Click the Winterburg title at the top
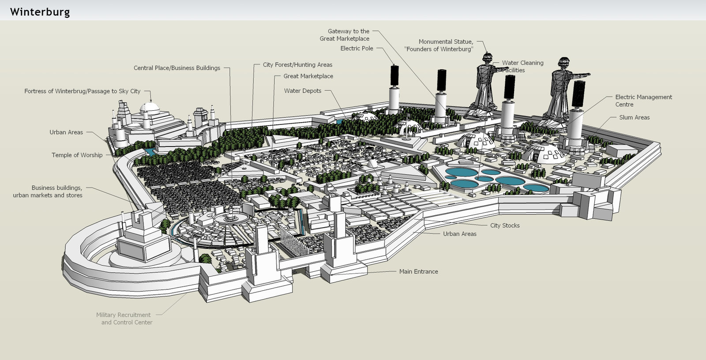coord(40,12)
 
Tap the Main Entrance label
coord(418,272)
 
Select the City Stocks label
coord(505,225)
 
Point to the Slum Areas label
coord(634,117)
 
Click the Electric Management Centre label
coord(643,101)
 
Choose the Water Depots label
coord(303,91)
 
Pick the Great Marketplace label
coord(308,76)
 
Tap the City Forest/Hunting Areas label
coord(297,65)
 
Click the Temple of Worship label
coord(77,155)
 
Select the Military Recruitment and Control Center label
coord(124,319)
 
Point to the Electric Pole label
coord(357,49)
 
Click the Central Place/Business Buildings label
coord(176,68)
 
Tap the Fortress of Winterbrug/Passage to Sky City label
coord(82,91)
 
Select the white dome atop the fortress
coord(149,108)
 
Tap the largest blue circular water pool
coord(462,172)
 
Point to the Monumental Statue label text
coord(439,45)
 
